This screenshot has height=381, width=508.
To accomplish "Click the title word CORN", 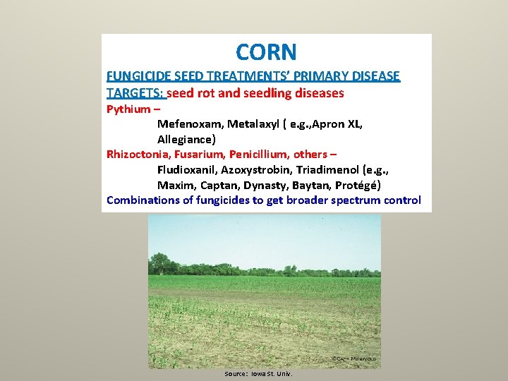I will (266, 52).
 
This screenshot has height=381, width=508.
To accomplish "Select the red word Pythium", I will (128, 109).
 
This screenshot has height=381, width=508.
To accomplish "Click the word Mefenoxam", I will (189, 124).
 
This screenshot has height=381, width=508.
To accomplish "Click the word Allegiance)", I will (186, 139).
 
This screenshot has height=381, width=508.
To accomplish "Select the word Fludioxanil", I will (186, 169).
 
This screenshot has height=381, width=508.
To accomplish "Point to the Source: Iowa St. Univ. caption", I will (258, 373).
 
